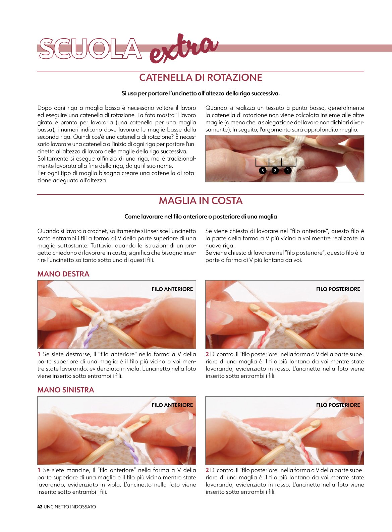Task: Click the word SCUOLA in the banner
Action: pyautogui.click(x=90, y=49)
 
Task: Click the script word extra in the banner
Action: pyautogui.click(x=183, y=49)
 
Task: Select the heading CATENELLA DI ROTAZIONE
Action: pyautogui.click(x=201, y=77)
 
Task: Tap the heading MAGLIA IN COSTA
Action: pyautogui.click(x=201, y=201)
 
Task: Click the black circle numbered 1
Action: pyautogui.click(x=288, y=170)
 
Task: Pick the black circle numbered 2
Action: pyautogui.click(x=275, y=170)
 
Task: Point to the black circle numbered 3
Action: pyautogui.click(x=263, y=170)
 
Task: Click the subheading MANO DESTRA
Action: pyautogui.click(x=63, y=274)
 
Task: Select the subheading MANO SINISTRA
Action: pyautogui.click(x=66, y=390)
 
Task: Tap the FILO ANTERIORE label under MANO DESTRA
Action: pyautogui.click(x=172, y=289)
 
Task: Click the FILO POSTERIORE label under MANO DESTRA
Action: pyautogui.click(x=338, y=289)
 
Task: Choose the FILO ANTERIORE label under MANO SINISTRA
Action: pyautogui.click(x=172, y=405)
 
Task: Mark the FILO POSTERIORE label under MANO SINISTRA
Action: pyautogui.click(x=338, y=405)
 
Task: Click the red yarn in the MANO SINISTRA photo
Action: pyautogui.click(x=306, y=453)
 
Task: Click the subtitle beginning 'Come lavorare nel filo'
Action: pyautogui.click(x=201, y=217)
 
